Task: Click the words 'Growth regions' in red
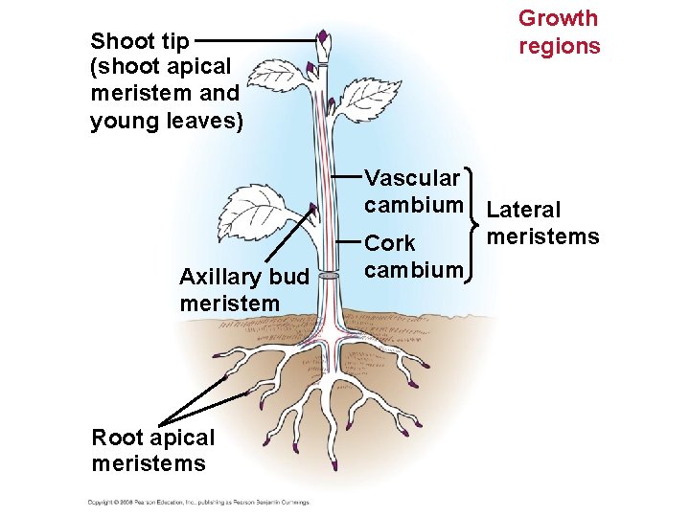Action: click(x=559, y=32)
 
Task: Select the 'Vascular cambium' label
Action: click(x=413, y=191)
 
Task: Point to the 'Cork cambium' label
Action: click(x=413, y=256)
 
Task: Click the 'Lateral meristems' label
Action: click(x=542, y=223)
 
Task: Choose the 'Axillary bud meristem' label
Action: click(x=243, y=290)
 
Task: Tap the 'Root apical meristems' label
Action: click(x=152, y=450)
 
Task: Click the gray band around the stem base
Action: click(x=329, y=276)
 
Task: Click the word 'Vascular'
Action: click(x=412, y=178)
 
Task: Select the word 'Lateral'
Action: click(x=523, y=210)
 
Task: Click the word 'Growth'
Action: click(x=558, y=18)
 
